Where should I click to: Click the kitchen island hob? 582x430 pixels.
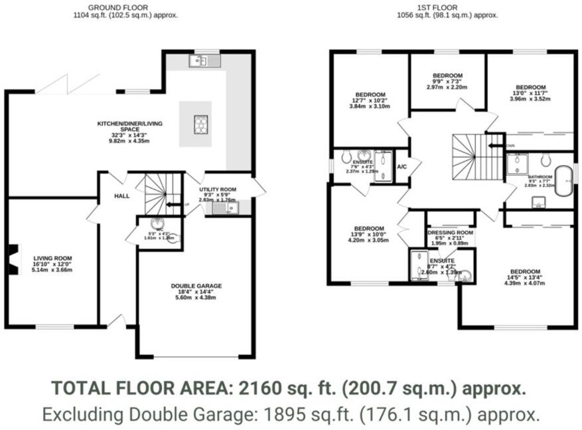click(200, 124)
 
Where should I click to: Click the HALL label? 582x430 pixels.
click(121, 196)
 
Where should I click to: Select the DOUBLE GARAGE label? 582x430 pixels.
click(196, 286)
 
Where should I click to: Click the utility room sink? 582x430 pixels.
click(226, 209)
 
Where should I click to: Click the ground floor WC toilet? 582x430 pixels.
click(173, 238)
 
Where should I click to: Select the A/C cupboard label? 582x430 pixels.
click(401, 167)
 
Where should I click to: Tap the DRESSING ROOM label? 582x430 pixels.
click(451, 233)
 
